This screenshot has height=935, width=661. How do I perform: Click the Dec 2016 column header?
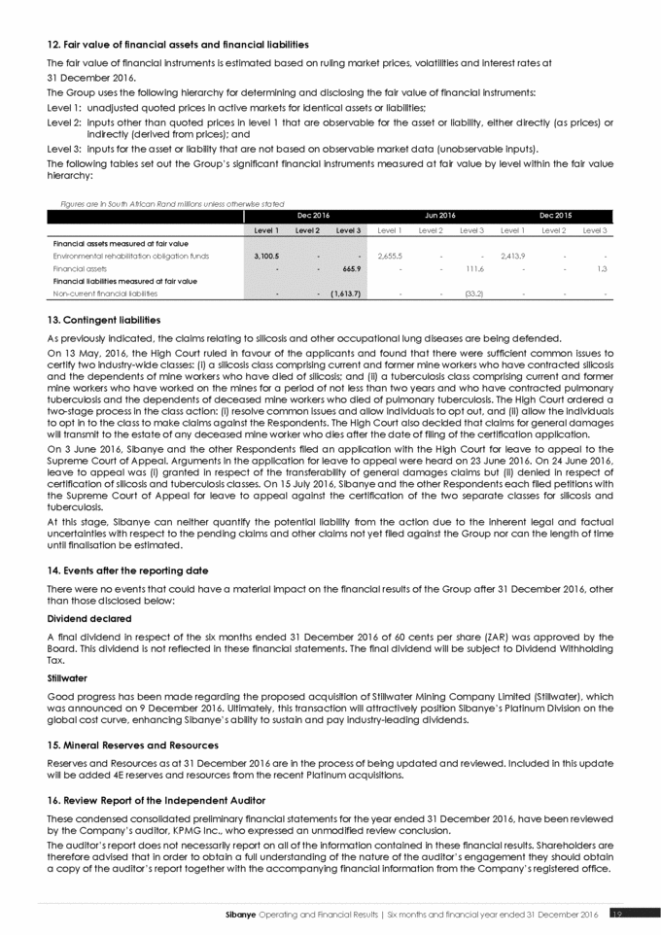pos(307,215)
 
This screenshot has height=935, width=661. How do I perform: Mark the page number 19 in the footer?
pos(617,913)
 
